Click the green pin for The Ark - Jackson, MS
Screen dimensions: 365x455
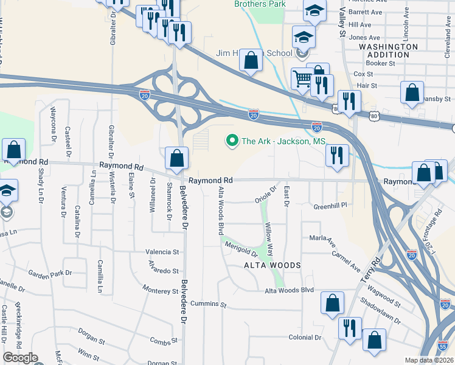tap(232, 141)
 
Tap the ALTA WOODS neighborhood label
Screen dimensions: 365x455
tap(273, 265)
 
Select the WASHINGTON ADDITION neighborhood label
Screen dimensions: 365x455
tap(388, 50)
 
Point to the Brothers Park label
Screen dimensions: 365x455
tap(260, 4)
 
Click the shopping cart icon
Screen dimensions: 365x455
tap(302, 78)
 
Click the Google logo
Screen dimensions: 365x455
tap(20, 358)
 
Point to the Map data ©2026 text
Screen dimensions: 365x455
tap(429, 360)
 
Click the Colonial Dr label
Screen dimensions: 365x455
tap(305, 338)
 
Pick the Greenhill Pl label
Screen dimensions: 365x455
tap(330, 206)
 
